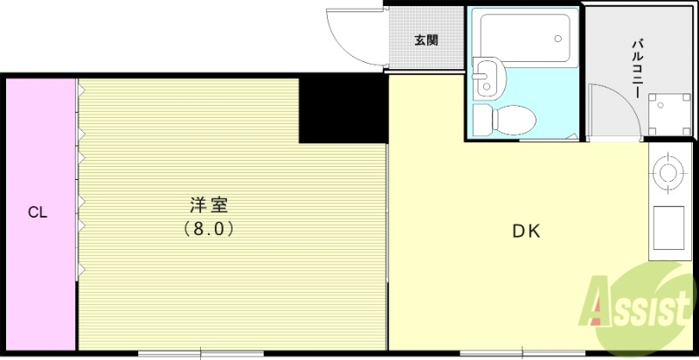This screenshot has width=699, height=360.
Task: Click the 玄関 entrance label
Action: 426,40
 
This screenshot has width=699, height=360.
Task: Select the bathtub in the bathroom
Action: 523,36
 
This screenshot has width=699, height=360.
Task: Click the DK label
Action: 526,232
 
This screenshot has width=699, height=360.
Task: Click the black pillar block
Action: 343,108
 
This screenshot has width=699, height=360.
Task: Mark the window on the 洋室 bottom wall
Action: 201,354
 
